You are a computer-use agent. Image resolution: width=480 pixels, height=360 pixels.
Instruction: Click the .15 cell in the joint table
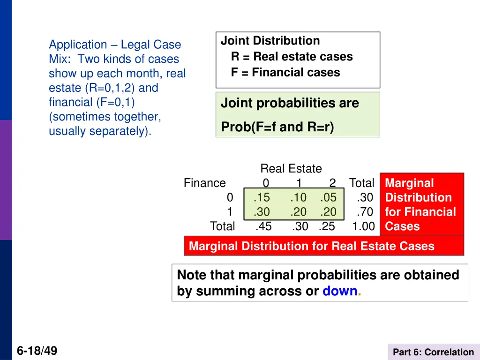tap(262, 198)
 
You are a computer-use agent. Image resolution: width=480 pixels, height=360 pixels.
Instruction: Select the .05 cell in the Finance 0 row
tap(328, 198)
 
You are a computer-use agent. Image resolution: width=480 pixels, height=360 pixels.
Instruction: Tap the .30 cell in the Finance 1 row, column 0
tap(262, 212)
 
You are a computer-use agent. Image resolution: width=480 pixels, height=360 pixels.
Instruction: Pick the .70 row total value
tap(364, 212)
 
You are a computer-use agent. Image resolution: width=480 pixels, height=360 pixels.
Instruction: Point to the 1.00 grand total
tap(364, 226)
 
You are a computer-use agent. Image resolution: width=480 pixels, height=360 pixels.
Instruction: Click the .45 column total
tap(263, 226)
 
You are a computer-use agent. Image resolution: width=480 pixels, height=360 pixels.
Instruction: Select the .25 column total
tap(327, 226)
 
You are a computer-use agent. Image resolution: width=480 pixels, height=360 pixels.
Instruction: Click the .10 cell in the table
tap(298, 198)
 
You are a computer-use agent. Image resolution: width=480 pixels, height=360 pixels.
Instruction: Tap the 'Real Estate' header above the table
tap(291, 169)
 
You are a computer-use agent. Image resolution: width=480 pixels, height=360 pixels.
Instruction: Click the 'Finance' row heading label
tap(204, 183)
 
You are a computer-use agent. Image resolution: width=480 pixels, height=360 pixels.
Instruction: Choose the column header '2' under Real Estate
tap(332, 183)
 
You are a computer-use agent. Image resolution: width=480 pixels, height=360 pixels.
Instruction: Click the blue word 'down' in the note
tap(340, 291)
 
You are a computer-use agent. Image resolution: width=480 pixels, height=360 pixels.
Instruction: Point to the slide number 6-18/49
tap(37, 350)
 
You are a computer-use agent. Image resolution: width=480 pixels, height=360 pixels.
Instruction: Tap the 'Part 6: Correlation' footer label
tap(433, 352)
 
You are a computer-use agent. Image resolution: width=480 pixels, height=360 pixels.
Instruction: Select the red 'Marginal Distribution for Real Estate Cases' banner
tap(312, 246)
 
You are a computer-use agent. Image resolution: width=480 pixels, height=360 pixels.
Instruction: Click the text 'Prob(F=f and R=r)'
tap(277, 127)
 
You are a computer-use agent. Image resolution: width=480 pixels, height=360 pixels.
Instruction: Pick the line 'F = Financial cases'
tap(285, 73)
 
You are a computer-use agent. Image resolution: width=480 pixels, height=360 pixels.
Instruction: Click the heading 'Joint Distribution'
tap(270, 41)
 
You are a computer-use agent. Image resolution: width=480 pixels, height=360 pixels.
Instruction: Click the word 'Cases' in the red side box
tap(402, 226)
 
